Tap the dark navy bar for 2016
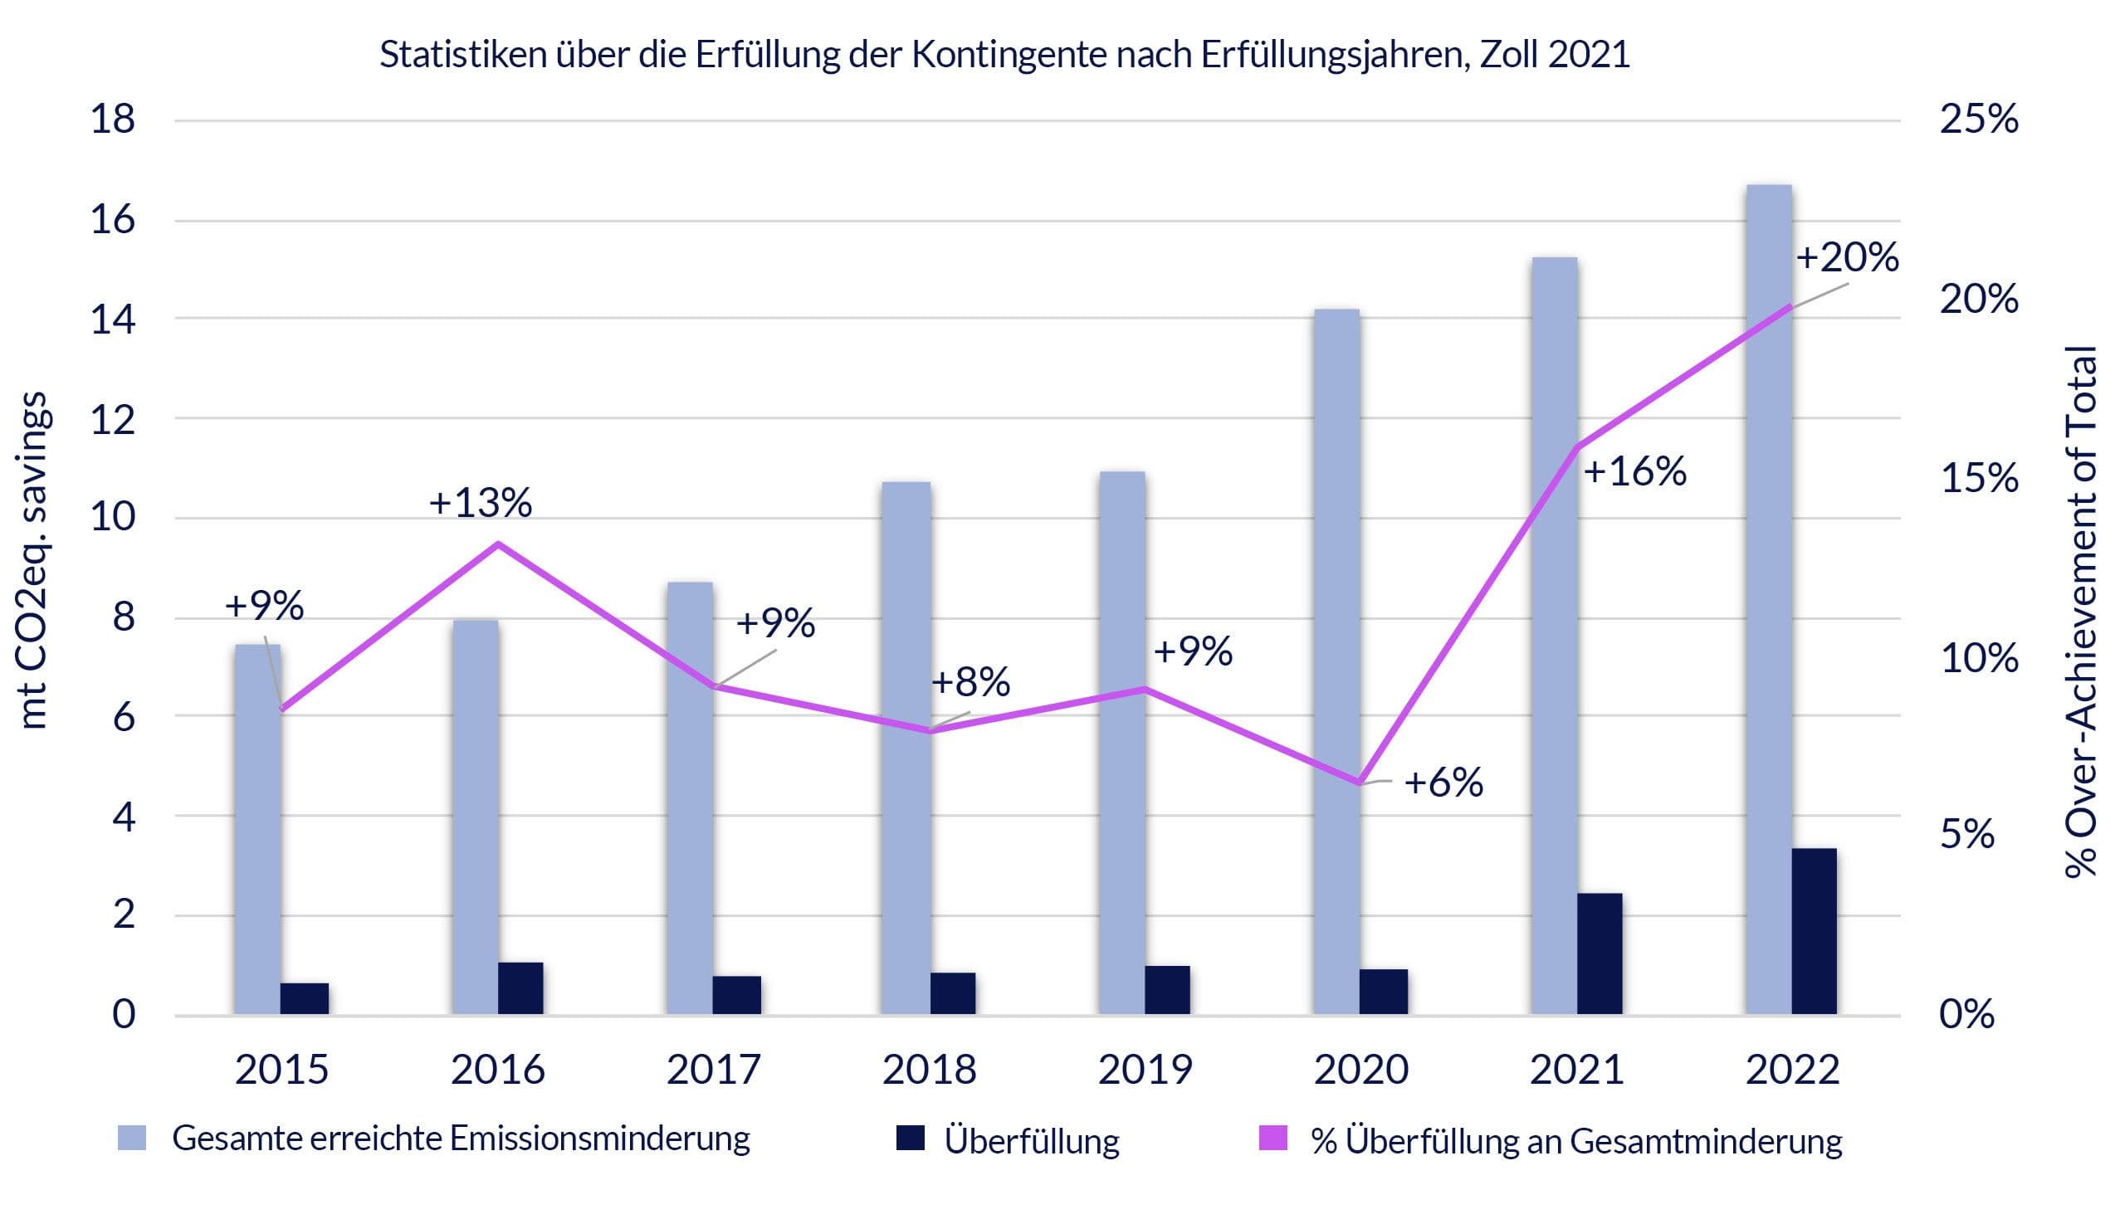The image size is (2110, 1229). [x=520, y=988]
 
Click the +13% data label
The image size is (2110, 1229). [x=480, y=503]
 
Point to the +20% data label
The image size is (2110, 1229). [x=1846, y=257]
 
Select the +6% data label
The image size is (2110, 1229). [x=1443, y=783]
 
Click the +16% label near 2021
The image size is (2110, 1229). [x=1634, y=471]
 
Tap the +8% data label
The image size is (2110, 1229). [x=970, y=682]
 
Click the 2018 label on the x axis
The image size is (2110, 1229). [x=929, y=1070]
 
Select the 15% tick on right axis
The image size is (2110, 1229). [x=1979, y=478]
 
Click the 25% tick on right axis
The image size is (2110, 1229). [x=1979, y=119]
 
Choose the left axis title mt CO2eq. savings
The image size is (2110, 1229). [x=33, y=561]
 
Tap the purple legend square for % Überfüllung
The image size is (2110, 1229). [x=1272, y=1139]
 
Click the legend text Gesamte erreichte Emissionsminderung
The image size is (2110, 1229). [x=461, y=1139]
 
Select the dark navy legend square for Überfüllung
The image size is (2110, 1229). [x=909, y=1139]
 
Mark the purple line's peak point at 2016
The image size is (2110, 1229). [x=498, y=544]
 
